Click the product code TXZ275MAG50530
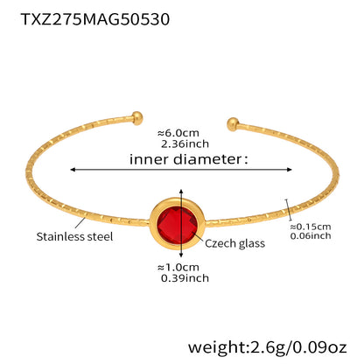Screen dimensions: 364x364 coord(95,19)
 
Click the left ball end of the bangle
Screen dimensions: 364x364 coord(137,117)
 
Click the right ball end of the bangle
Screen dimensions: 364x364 coord(233,124)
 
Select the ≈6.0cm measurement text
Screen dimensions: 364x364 coord(178,133)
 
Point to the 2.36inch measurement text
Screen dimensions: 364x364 coord(185,143)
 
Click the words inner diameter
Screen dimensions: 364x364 coord(185,159)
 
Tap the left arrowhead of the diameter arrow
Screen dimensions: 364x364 coord(73,170)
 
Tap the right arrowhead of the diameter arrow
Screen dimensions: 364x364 coord(289,170)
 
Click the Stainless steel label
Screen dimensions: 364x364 coord(74,236)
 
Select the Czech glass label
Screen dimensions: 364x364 coord(234,243)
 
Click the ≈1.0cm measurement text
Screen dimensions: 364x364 coord(178,267)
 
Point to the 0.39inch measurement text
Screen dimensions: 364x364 coord(185,278)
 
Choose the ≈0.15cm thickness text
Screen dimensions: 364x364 coord(311,227)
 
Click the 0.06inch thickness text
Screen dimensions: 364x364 coord(311,235)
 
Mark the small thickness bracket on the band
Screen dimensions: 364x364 coord(289,210)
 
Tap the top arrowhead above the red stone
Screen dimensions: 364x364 coord(181,192)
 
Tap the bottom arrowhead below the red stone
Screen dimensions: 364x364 coord(181,255)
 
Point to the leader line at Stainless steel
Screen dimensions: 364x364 coord(80,222)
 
